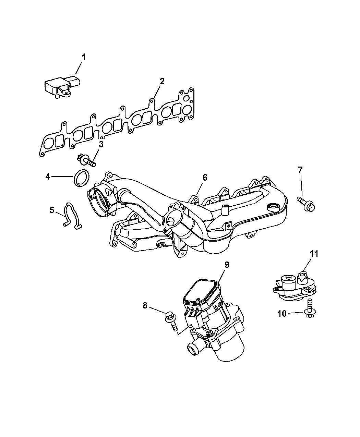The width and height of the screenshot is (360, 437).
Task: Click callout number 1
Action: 84,57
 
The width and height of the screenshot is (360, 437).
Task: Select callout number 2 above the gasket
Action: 162,82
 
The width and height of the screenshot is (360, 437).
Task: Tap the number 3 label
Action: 101,144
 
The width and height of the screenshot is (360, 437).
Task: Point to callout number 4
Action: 48,177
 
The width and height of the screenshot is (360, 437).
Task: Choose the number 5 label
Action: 52,210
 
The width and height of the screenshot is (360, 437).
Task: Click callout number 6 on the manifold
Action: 205,178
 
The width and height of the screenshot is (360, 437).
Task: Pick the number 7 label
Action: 300,170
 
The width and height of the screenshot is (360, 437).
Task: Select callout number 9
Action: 227,265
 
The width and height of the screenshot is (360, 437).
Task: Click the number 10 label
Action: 282,319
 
